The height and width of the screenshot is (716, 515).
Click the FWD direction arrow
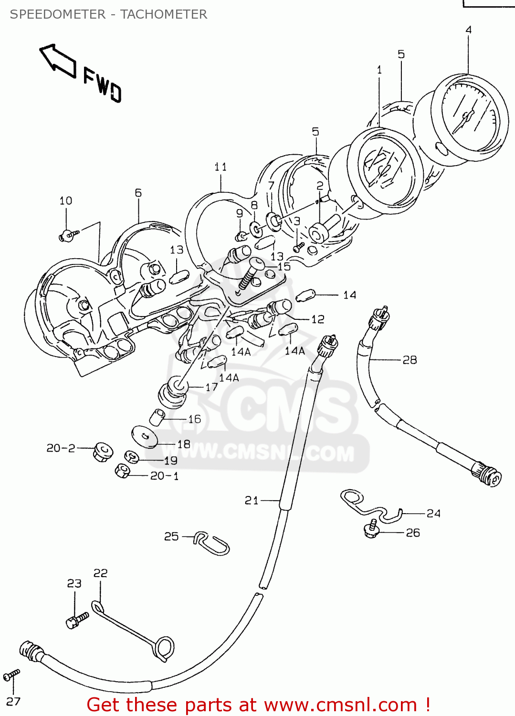[x=58, y=61]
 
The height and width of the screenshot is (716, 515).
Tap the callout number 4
[x=468, y=30]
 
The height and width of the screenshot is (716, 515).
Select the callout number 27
[x=13, y=701]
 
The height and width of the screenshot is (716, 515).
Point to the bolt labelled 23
[x=77, y=620]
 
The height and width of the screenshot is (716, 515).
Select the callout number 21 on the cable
[x=252, y=500]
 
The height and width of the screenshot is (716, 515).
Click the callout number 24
[x=433, y=514]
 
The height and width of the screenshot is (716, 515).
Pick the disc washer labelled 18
[x=145, y=436]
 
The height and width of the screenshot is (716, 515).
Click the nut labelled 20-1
[x=122, y=471]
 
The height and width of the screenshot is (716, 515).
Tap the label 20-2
[x=61, y=448]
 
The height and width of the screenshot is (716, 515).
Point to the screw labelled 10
[x=69, y=234]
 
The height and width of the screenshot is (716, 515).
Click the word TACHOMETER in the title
[x=163, y=14]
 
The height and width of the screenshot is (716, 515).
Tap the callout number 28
[x=410, y=360]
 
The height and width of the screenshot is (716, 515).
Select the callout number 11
[x=220, y=167]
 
